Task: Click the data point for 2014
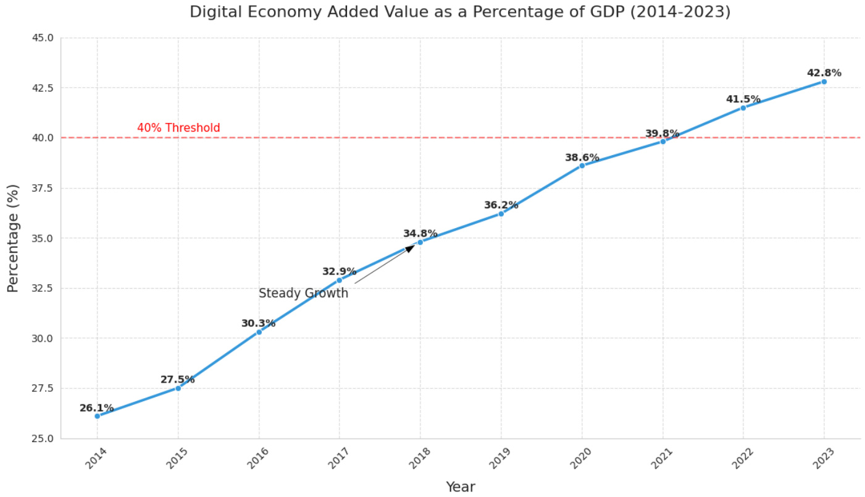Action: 97,416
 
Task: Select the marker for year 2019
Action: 501,214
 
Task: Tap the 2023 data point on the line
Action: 824,82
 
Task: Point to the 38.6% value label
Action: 582,158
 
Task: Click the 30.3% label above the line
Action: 258,323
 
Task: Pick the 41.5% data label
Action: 743,100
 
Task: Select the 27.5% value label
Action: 177,380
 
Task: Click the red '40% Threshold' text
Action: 178,128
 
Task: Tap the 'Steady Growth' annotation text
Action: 303,294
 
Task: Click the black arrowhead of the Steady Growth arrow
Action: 410,248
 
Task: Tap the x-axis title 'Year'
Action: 460,487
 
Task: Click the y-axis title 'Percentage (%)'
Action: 13,238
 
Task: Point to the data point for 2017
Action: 339,280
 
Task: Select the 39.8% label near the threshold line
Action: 662,134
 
